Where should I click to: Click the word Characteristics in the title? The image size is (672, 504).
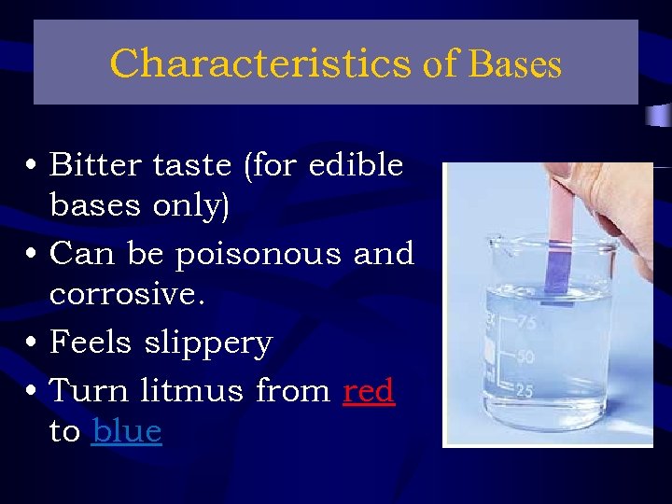(x=260, y=63)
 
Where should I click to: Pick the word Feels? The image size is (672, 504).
(x=91, y=343)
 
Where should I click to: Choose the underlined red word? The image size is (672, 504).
(x=369, y=390)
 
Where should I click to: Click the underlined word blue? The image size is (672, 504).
(x=127, y=431)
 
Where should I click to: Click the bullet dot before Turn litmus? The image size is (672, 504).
(x=33, y=390)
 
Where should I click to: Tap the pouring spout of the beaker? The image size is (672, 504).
(x=489, y=245)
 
